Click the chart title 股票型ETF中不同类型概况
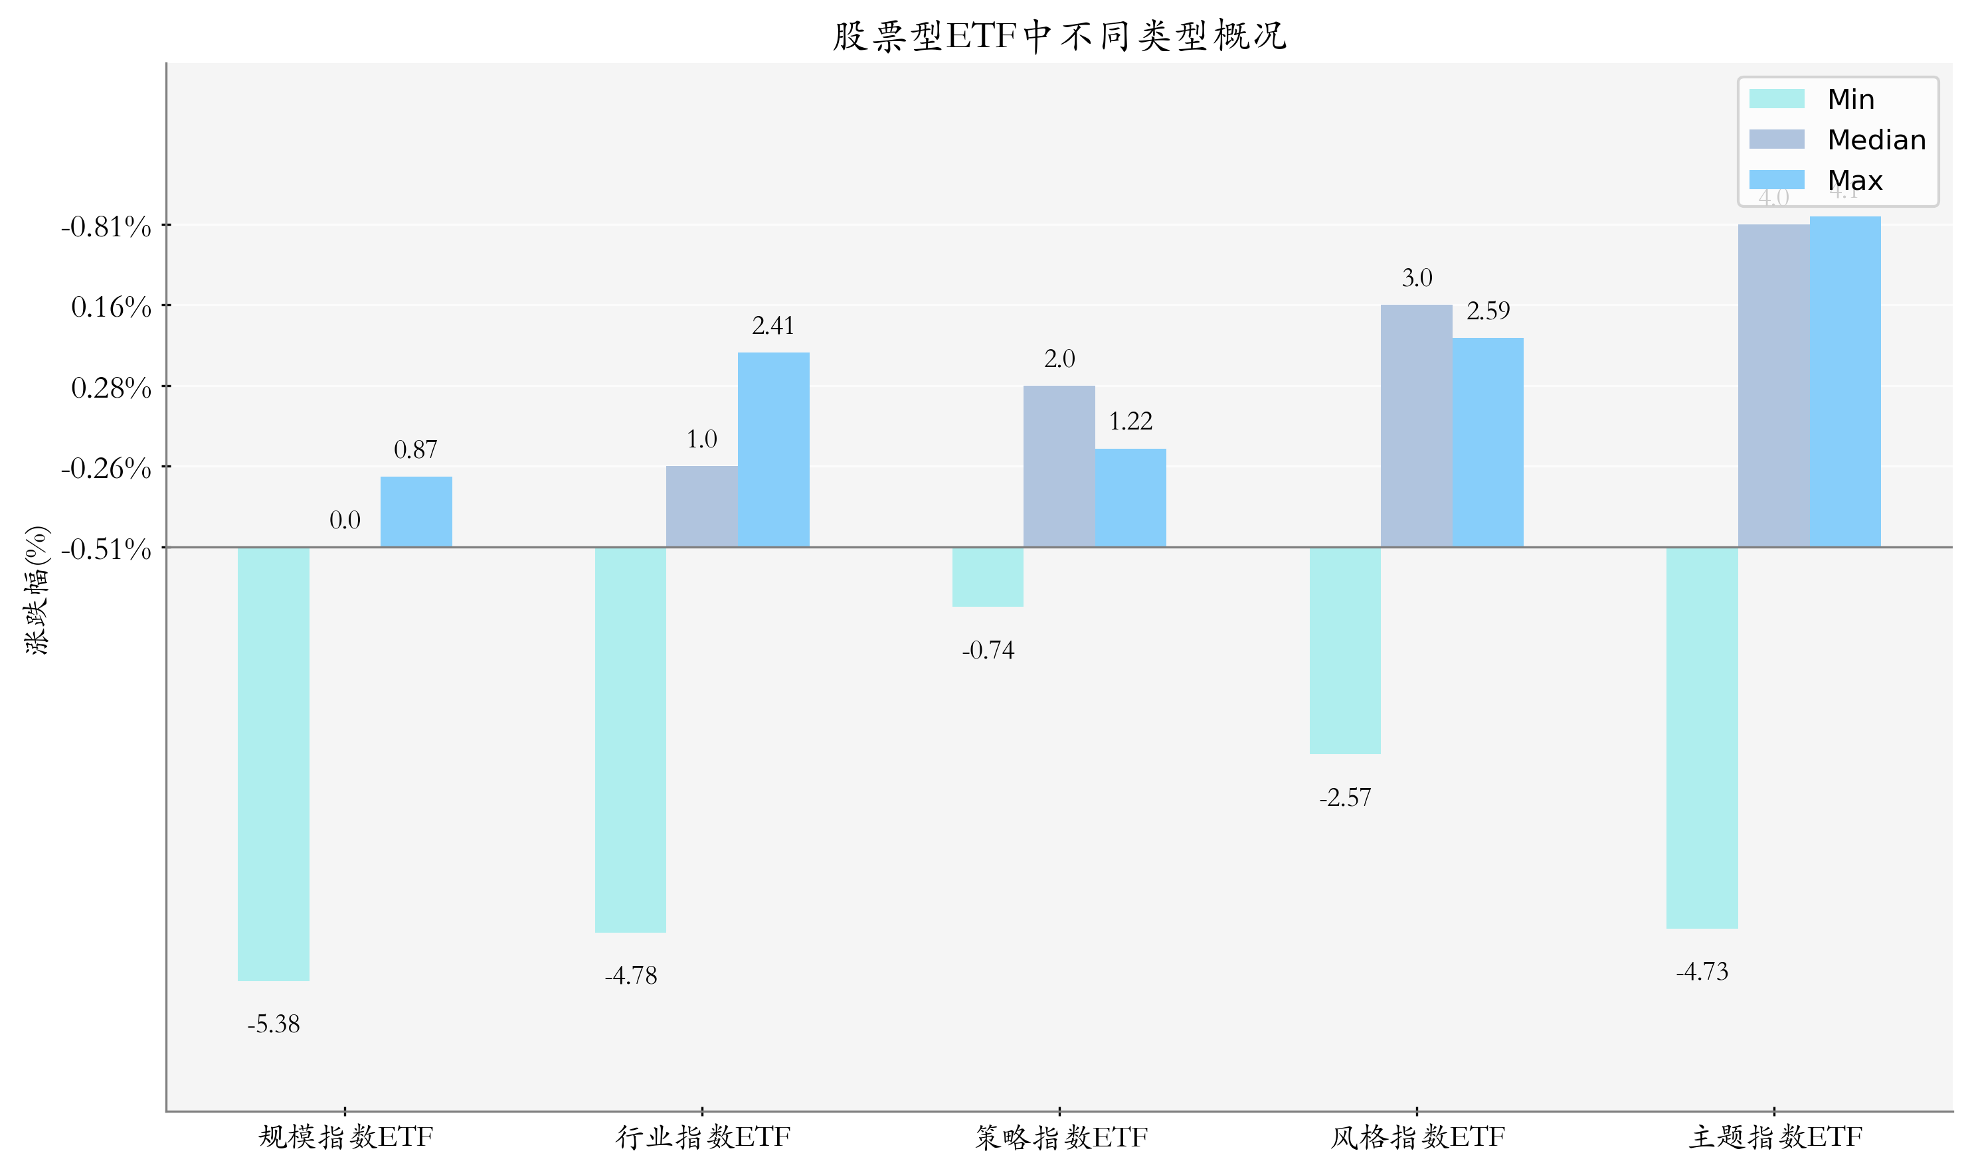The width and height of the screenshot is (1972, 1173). (x=1059, y=37)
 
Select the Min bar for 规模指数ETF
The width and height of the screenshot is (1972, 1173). (x=274, y=763)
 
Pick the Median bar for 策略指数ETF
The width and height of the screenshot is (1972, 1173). (x=1059, y=467)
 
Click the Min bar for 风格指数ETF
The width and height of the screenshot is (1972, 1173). (x=1345, y=650)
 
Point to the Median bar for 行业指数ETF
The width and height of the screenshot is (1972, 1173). (x=701, y=506)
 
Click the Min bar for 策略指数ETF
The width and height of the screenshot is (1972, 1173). (x=988, y=576)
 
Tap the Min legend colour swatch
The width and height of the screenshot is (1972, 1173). (x=1776, y=99)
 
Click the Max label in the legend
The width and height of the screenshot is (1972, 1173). (x=1854, y=181)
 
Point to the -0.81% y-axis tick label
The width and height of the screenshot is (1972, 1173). (x=106, y=227)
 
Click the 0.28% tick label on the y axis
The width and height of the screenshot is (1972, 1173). (x=111, y=387)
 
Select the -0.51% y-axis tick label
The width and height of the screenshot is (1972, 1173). (x=106, y=548)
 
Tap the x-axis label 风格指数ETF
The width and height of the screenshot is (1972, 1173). (x=1417, y=1137)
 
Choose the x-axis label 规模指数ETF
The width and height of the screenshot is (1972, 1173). (x=345, y=1137)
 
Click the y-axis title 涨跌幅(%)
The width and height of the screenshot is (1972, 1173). (x=37, y=589)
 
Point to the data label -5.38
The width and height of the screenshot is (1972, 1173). (x=274, y=1024)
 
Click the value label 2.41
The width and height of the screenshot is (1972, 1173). (x=772, y=326)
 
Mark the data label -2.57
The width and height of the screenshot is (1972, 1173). (x=1345, y=797)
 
